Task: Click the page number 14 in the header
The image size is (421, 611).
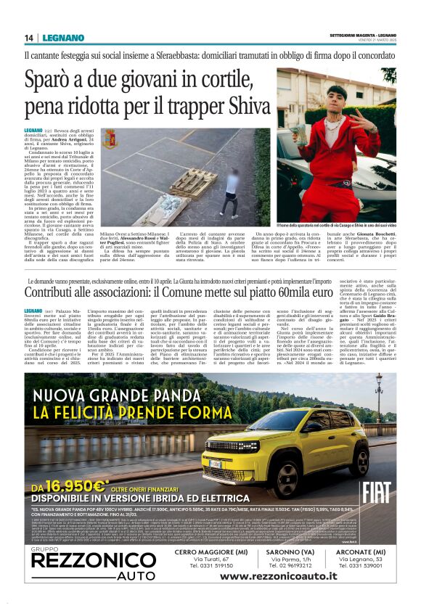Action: point(30,38)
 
